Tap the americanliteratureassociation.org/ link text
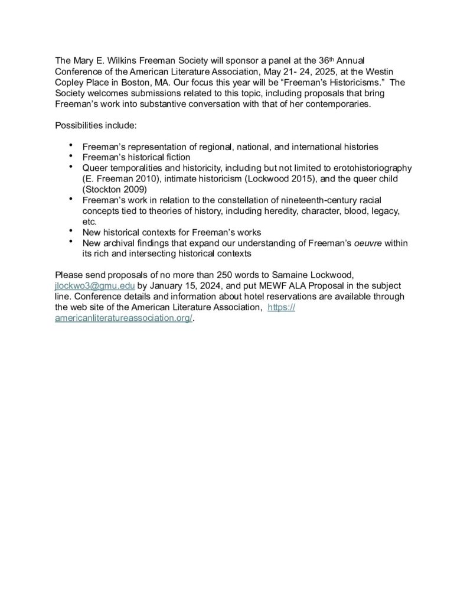123,318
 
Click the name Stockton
106,190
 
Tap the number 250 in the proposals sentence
199,275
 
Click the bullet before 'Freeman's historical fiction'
71,156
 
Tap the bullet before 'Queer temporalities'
71,167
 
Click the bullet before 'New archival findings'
71,242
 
